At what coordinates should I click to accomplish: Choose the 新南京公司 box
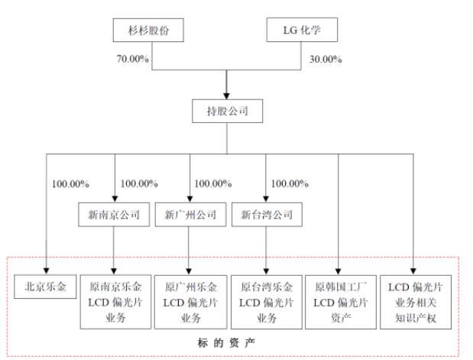pos(113,215)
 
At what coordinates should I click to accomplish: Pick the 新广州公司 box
pos(188,215)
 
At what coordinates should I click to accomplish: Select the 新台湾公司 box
pos(264,215)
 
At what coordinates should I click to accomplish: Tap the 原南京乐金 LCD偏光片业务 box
pos(114,302)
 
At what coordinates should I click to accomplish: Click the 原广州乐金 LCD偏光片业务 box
pos(190,302)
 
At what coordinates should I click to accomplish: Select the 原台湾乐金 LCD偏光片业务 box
pos(264,302)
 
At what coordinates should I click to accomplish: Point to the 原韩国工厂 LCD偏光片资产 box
pos(339,302)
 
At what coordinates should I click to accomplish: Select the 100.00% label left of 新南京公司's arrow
pos(70,183)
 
